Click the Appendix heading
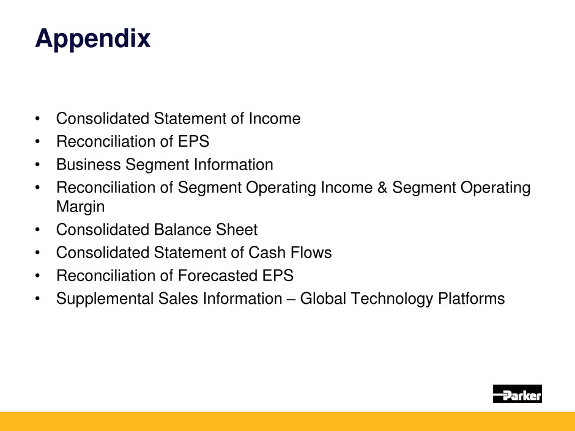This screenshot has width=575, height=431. (x=93, y=39)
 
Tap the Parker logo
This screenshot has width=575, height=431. (x=517, y=394)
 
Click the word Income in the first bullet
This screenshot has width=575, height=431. (x=275, y=119)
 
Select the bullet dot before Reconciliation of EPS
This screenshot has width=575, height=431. (x=37, y=141)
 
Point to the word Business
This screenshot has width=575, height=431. (x=88, y=164)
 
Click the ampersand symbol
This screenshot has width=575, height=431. (x=382, y=187)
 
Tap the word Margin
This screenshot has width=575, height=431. (x=80, y=207)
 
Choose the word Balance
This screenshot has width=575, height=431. (x=182, y=229)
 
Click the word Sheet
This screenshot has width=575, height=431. (x=237, y=229)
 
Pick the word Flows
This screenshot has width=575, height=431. (x=311, y=252)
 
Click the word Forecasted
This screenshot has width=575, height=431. (x=217, y=276)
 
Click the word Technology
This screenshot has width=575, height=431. (x=391, y=299)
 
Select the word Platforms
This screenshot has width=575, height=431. (x=472, y=298)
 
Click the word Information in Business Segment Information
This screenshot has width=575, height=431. (x=234, y=164)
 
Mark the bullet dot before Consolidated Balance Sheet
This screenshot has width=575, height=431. (x=37, y=230)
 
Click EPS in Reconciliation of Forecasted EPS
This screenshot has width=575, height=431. (x=278, y=276)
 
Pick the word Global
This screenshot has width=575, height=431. (x=323, y=298)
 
